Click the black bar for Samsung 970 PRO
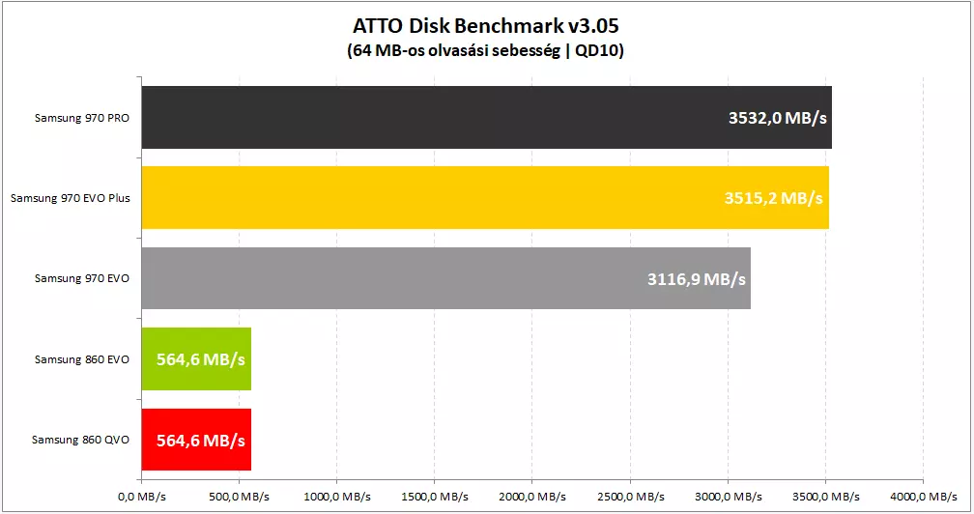pos(486,117)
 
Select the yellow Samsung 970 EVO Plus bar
pos(485,197)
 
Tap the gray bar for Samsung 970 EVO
pos(446,278)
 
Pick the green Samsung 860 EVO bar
pos(196,358)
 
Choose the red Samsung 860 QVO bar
pos(196,440)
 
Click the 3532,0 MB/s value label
pos(777,118)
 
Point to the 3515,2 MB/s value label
pos(773,198)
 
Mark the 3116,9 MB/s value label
pos(697,279)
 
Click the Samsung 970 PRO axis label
pos(82,118)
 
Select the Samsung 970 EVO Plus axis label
pos(71,198)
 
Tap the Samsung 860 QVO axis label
pos(81,440)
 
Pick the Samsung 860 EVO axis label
pos(82,359)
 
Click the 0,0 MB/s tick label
pos(142,497)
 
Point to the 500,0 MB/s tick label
pos(240,497)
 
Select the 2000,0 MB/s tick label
pos(532,497)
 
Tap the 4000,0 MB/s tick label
pos(923,497)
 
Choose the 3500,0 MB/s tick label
pos(825,497)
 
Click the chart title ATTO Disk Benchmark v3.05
pos(486,26)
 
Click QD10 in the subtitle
pos(599,50)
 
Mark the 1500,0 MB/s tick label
pos(435,497)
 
